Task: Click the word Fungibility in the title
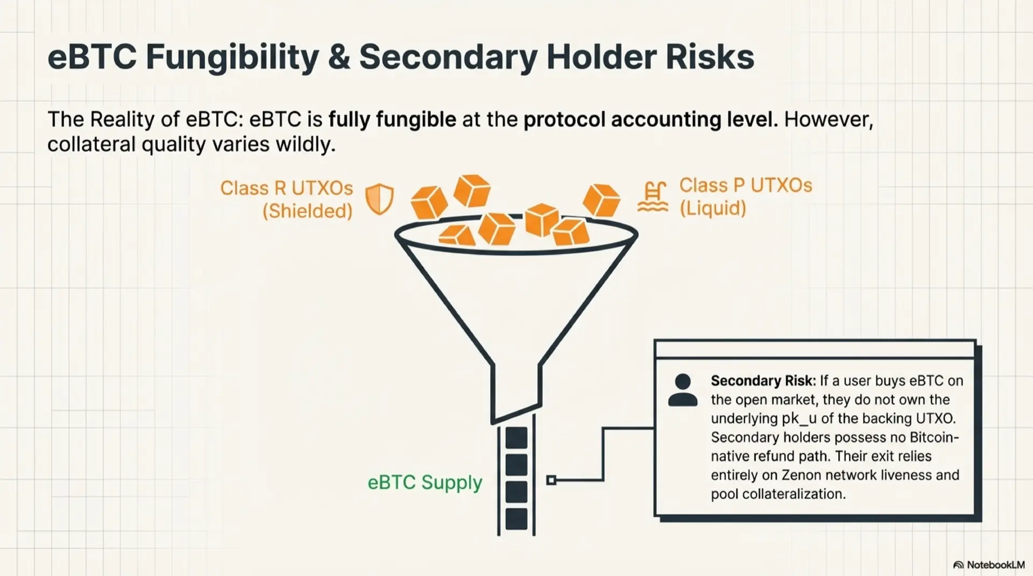(232, 58)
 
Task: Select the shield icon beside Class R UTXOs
(379, 198)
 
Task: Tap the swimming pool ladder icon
(653, 197)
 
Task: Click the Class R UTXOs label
(286, 188)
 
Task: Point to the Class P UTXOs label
(745, 186)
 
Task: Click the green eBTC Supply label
(424, 482)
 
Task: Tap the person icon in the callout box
(683, 390)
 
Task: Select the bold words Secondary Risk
(763, 381)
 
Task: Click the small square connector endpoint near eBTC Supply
(551, 480)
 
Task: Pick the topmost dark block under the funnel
(516, 438)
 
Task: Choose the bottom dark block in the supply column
(516, 518)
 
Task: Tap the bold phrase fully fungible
(392, 119)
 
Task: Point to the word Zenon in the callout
(801, 475)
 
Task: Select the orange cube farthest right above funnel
(602, 200)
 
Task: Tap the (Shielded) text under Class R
(307, 211)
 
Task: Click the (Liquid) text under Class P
(712, 208)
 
